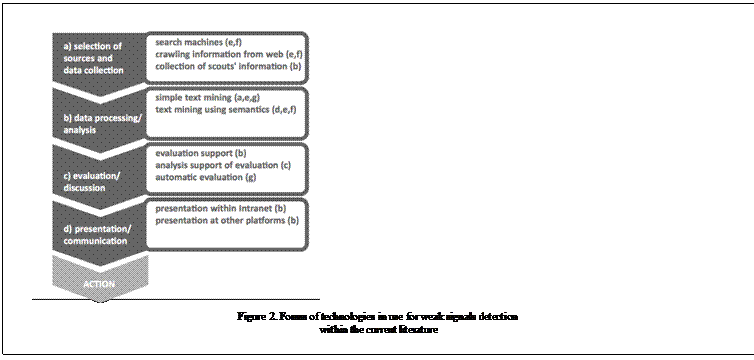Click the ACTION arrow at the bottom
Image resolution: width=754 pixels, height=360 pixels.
tap(99, 284)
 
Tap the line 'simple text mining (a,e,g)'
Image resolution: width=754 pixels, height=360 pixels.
tap(203, 99)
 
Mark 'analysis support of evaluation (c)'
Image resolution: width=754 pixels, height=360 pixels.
tap(223, 165)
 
